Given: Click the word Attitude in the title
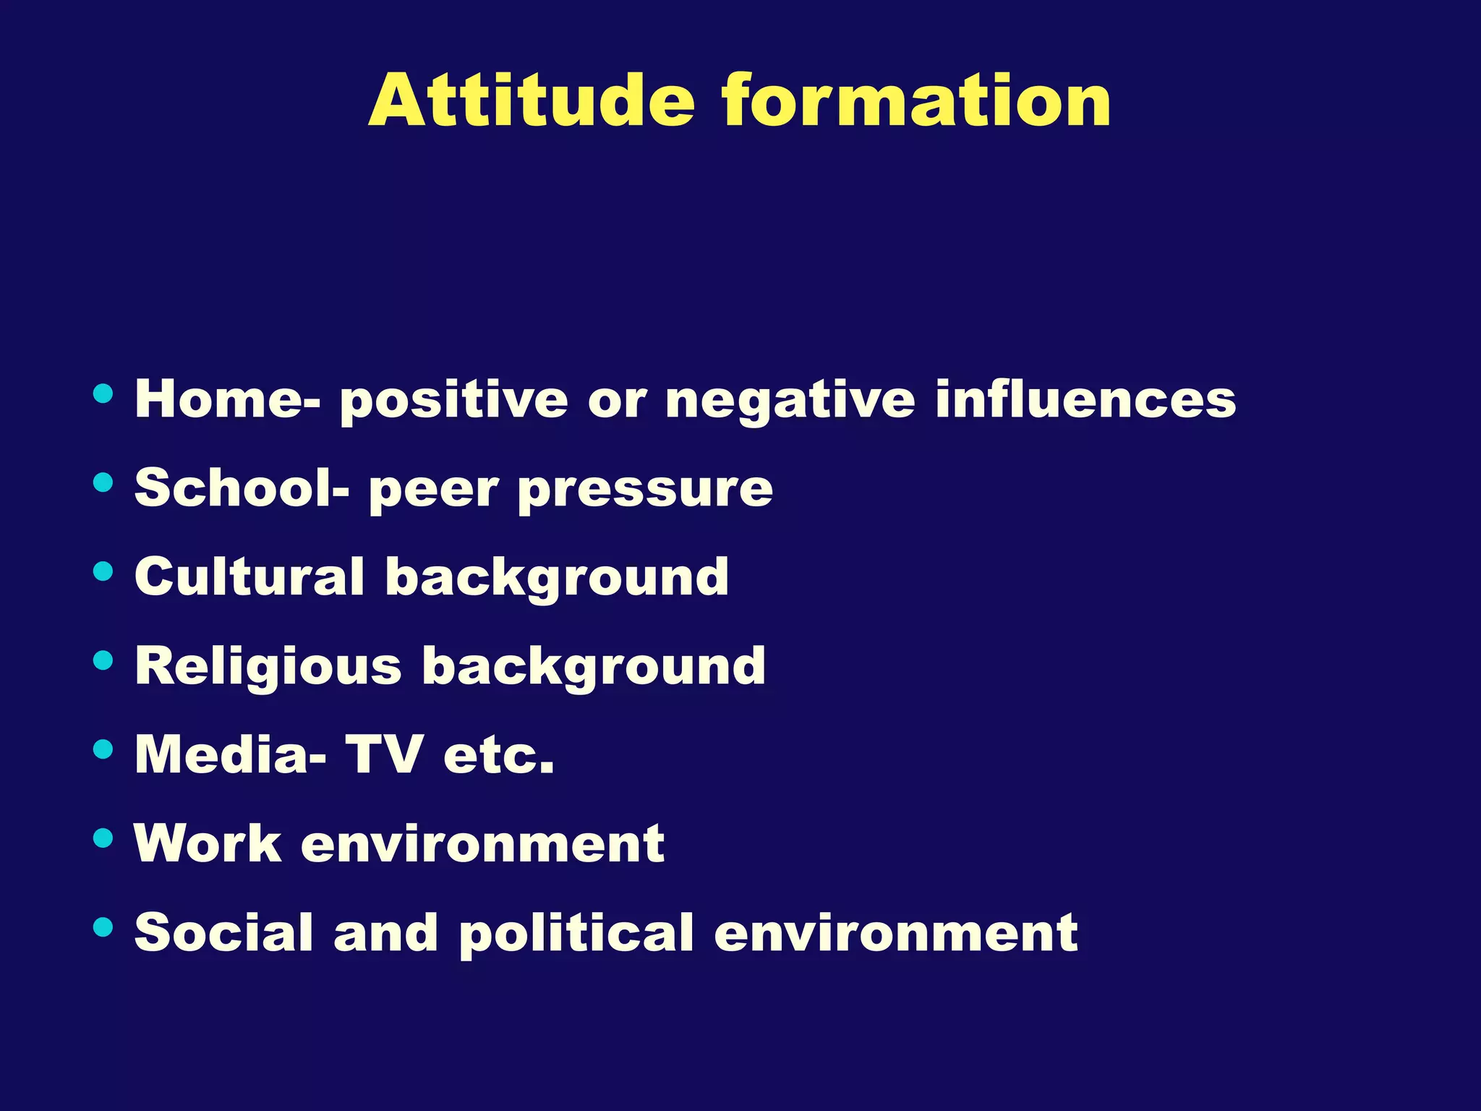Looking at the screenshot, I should [x=532, y=101].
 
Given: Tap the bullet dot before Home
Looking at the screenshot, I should [x=103, y=393].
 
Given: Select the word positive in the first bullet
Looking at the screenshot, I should [x=454, y=400].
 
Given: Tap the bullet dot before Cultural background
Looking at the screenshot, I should [x=103, y=571].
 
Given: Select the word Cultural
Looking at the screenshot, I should [x=249, y=577].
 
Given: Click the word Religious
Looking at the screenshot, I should [x=268, y=667].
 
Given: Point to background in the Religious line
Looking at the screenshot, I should [x=593, y=667].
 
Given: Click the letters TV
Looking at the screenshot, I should [x=383, y=754].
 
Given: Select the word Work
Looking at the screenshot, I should [x=208, y=843].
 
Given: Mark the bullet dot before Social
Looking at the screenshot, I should [x=103, y=927].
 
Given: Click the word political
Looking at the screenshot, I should [x=576, y=934].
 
